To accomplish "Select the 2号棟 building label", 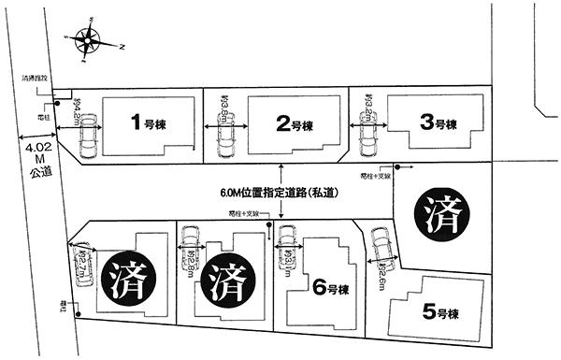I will pos(293,122).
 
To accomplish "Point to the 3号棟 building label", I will pos(438,123).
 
